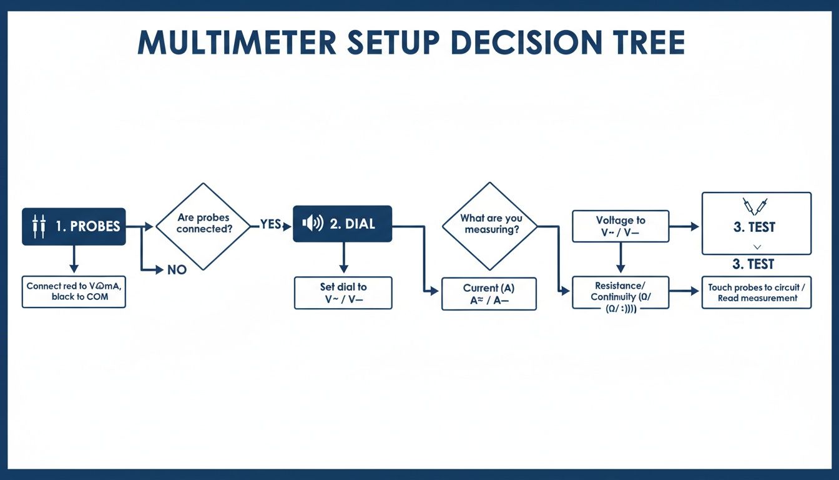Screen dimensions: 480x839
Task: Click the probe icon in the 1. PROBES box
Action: (39, 226)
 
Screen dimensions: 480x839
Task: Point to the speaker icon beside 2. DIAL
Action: (312, 224)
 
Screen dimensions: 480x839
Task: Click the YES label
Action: (270, 224)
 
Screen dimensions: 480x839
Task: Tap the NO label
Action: (177, 270)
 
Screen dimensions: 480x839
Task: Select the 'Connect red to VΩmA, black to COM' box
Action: (74, 291)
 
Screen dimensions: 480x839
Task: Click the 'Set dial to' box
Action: (343, 292)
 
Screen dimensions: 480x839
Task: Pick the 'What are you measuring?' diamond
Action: (491, 224)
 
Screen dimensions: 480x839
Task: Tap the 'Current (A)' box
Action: (489, 294)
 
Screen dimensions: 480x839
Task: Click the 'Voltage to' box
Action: (621, 226)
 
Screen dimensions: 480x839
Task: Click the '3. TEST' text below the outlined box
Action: (753, 264)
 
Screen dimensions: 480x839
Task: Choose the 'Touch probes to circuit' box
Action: (757, 292)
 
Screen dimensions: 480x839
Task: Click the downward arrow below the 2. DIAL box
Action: (343, 257)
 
